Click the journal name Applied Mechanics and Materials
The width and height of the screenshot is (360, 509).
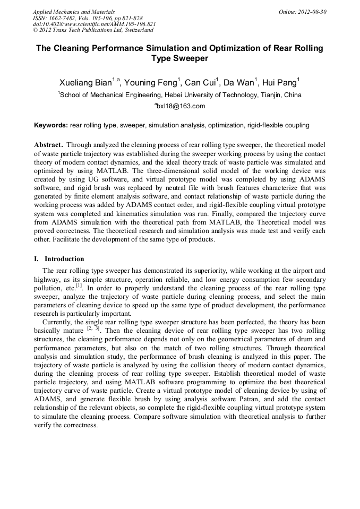click(74, 11)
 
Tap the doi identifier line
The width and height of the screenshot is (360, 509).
click(94, 24)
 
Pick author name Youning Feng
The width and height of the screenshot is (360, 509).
click(152, 82)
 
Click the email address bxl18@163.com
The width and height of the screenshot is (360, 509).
click(181, 107)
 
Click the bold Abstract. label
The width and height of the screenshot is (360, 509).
click(49, 145)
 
